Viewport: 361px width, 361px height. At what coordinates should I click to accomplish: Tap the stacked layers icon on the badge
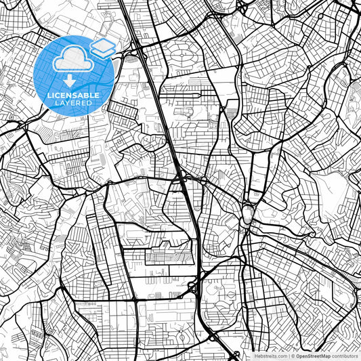[x=102, y=47]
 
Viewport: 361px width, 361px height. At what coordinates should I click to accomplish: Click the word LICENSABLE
[x=72, y=95]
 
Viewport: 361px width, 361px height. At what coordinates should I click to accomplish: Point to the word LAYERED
[x=72, y=103]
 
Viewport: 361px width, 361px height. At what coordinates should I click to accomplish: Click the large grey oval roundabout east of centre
[x=248, y=216]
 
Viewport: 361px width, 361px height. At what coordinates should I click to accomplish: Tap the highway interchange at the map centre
[x=184, y=179]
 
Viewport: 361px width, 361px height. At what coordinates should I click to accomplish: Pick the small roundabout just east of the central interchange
[x=203, y=181]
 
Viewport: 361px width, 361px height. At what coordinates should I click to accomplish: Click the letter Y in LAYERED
[x=69, y=103]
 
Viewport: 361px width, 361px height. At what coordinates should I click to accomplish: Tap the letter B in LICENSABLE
[x=87, y=95]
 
